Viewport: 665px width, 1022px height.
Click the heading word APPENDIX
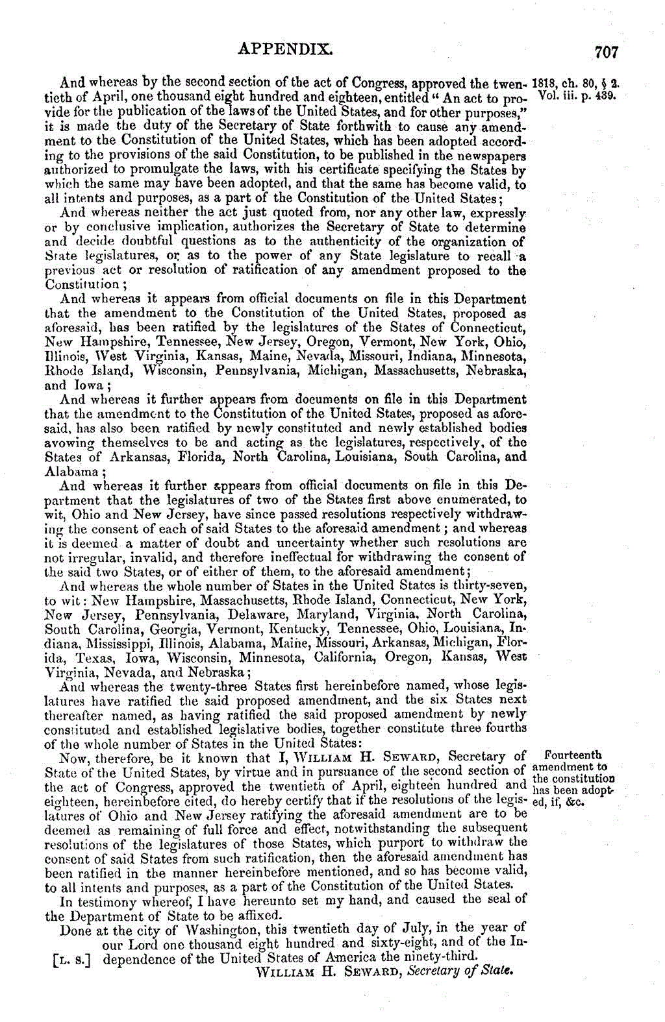pyautogui.click(x=286, y=49)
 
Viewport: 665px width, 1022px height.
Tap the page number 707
pyautogui.click(x=606, y=53)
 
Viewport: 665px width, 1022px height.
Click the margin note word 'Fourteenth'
pyautogui.click(x=573, y=755)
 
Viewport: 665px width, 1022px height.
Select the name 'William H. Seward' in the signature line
pyautogui.click(x=328, y=972)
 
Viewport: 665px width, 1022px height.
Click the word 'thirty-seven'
pyautogui.click(x=492, y=586)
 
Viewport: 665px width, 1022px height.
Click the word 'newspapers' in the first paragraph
pyautogui.click(x=490, y=156)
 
